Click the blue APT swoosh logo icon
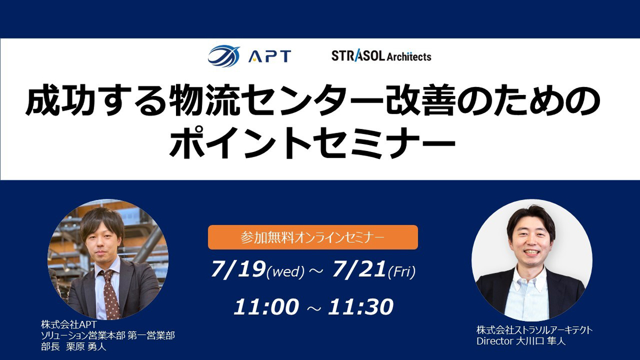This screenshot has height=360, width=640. pos(223,55)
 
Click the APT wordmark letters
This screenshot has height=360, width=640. pos(270,56)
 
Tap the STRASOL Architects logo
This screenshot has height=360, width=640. pos(381,56)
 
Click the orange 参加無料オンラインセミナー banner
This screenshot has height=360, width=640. pos(313,237)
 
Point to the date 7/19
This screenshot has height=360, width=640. pos(237,269)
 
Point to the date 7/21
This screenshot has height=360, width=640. pos(359,269)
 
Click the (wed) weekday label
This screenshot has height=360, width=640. pos(285,272)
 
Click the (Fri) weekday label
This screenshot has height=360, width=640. pos(402,271)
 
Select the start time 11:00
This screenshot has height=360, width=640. pos(266,307)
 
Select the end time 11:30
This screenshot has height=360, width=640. pos(361,307)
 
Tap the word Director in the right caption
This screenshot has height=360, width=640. pos(495,341)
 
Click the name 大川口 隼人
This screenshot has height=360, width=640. pos(541,341)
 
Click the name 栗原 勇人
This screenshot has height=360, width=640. pos(86,347)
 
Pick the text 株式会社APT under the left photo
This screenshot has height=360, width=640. pos(69,325)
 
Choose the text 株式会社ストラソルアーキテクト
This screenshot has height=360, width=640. pos(534,330)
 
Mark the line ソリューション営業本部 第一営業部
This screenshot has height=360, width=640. pos(108,335)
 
